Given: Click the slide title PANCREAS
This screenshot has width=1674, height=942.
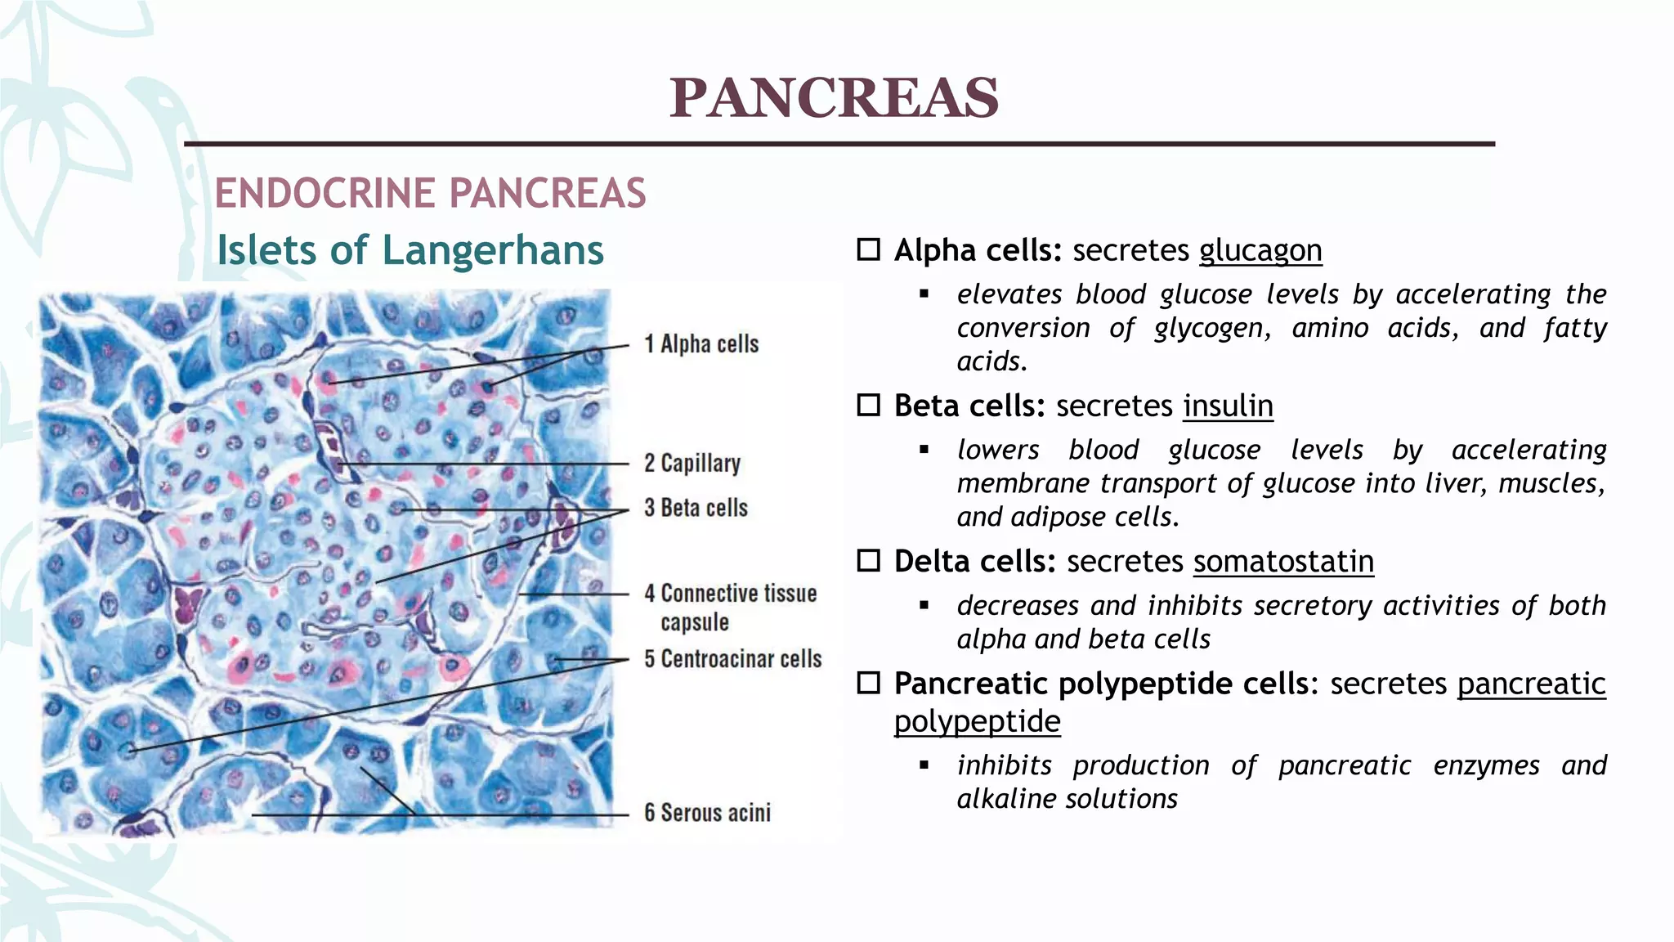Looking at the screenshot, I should click(x=834, y=98).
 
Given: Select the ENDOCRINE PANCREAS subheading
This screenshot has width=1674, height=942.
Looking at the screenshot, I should click(x=430, y=194).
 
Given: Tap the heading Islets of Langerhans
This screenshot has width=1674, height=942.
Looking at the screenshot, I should click(x=410, y=250).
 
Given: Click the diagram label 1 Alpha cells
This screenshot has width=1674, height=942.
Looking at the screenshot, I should click(x=701, y=344).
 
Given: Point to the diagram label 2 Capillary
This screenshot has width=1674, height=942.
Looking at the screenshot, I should click(x=692, y=464).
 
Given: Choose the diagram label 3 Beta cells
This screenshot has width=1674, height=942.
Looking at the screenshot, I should click(x=696, y=508).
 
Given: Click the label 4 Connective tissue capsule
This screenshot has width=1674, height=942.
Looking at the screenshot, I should click(x=730, y=607).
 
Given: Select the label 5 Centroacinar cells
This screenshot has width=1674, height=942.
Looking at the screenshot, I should click(x=732, y=659).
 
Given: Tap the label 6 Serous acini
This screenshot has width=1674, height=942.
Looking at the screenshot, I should click(x=707, y=813).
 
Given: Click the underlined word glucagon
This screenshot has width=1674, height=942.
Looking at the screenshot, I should click(x=1260, y=250).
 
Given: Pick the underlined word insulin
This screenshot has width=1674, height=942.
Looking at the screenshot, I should click(x=1228, y=406).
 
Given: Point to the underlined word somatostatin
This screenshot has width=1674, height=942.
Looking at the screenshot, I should click(x=1283, y=562).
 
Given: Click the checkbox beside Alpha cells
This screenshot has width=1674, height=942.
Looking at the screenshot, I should click(x=868, y=249).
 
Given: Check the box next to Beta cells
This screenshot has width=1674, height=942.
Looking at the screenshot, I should click(x=868, y=405).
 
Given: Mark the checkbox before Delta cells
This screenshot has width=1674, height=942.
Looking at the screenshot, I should click(x=868, y=561).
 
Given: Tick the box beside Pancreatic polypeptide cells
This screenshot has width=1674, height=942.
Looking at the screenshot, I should click(x=868, y=683).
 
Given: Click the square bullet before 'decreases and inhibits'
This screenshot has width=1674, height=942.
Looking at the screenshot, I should click(x=924, y=606).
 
